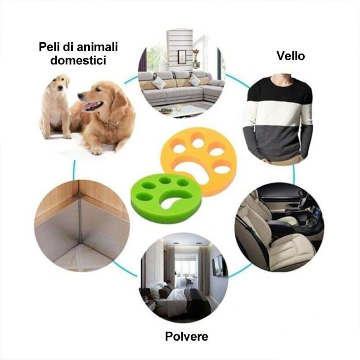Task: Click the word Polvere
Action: point(186,337)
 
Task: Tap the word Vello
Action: point(290,56)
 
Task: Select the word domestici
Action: point(78,60)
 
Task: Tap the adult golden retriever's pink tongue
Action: point(91,106)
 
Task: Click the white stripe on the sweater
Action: point(278,114)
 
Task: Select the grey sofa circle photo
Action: point(181,74)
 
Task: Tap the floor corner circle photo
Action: point(82,226)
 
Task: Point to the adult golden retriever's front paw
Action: point(96,150)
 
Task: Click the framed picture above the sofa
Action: point(182,57)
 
